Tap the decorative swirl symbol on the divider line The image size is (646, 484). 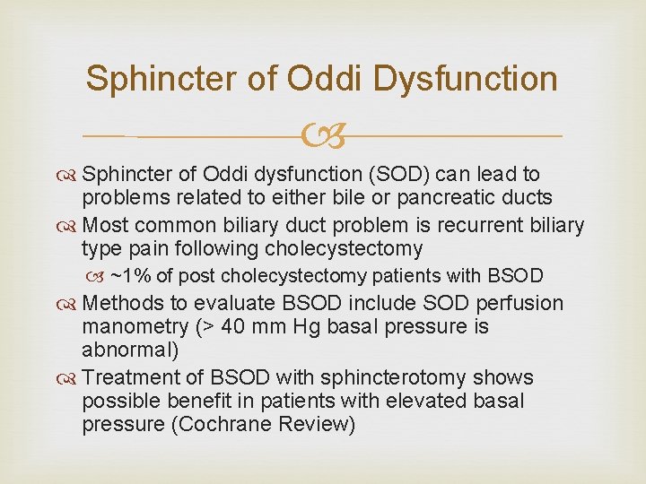tap(322, 137)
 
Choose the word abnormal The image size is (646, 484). tap(127, 350)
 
